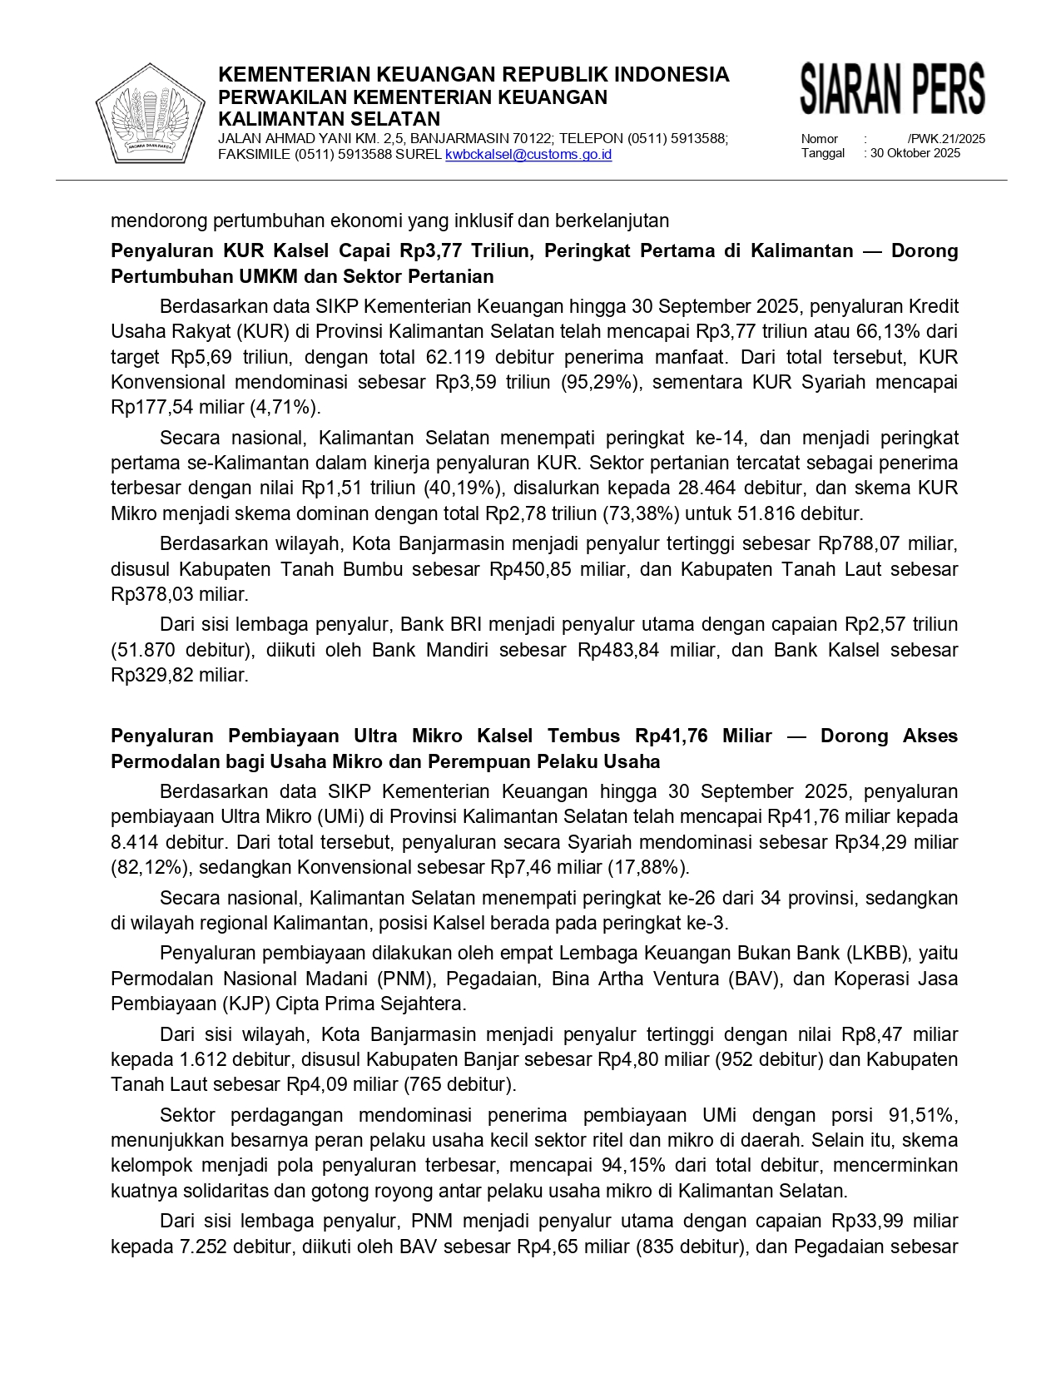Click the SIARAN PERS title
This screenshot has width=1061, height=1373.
pos(892,89)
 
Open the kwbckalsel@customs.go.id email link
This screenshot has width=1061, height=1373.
pos(528,155)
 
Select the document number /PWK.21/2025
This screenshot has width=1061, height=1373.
pos(946,139)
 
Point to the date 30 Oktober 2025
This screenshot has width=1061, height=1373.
pos(915,153)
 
